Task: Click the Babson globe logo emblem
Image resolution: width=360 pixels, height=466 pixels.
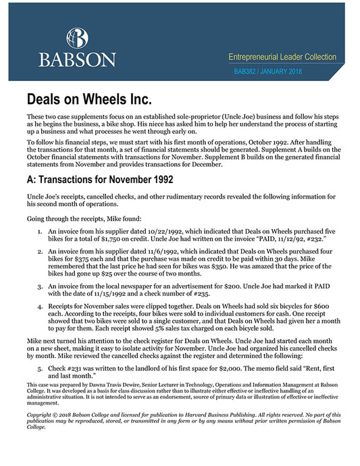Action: (x=76, y=38)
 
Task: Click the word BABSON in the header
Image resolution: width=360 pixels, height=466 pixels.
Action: (x=76, y=59)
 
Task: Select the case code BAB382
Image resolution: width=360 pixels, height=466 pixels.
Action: (x=246, y=70)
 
